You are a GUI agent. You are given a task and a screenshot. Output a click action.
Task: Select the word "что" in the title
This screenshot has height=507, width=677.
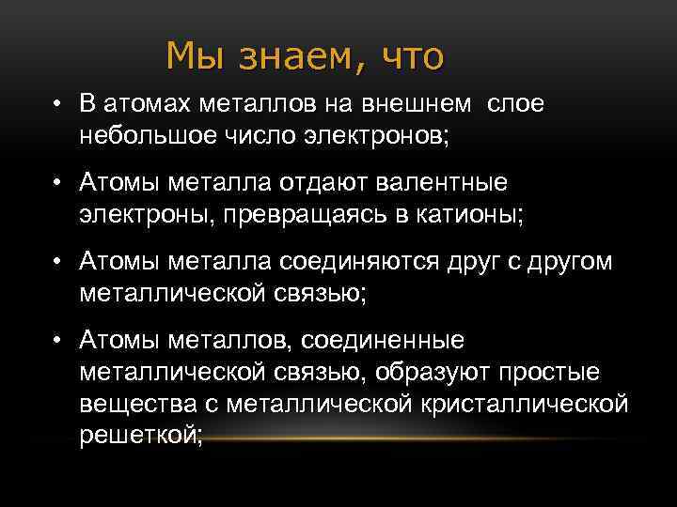pyautogui.click(x=412, y=57)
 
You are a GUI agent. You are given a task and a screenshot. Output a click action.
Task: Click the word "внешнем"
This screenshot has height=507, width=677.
pyautogui.click(x=426, y=104)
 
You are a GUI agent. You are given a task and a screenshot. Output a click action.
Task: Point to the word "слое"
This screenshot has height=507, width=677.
pyautogui.click(x=515, y=104)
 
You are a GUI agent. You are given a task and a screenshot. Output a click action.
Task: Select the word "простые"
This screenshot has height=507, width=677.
pyautogui.click(x=545, y=371)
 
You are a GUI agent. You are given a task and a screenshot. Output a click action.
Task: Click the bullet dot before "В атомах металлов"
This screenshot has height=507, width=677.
pyautogui.click(x=58, y=104)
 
